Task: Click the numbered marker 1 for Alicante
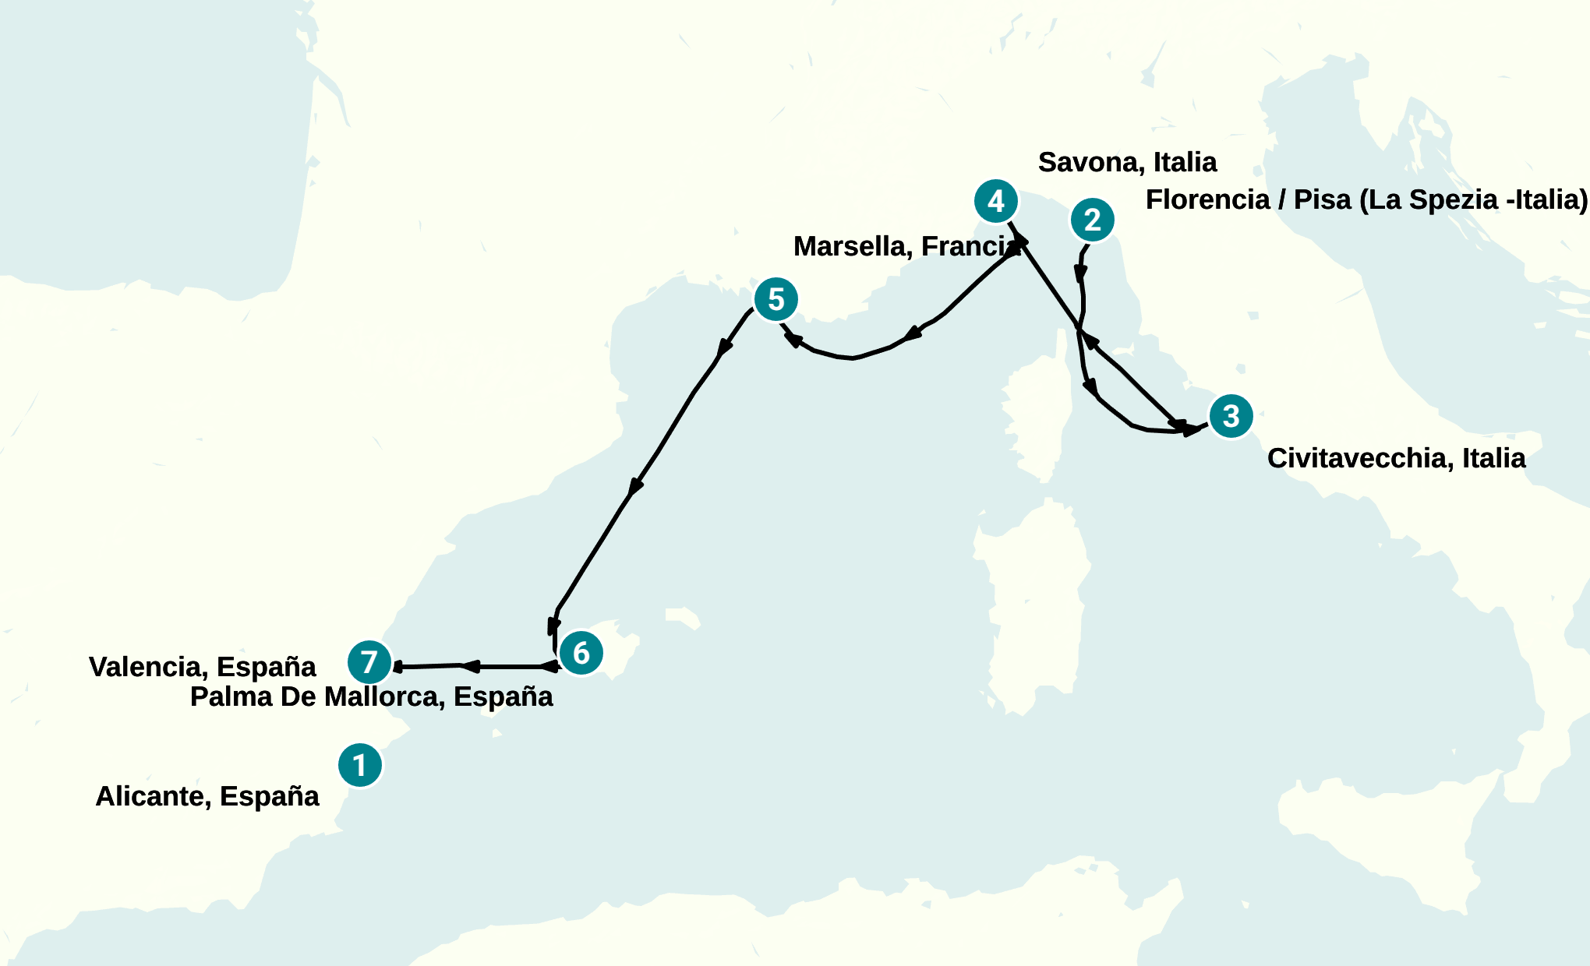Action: [x=360, y=765]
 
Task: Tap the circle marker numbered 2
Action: [x=1092, y=220]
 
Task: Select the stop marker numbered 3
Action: [x=1231, y=416]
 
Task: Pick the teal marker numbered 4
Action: [x=995, y=201]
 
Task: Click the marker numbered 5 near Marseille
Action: [x=776, y=299]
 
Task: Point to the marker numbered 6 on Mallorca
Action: [x=581, y=653]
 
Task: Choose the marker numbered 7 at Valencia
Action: [x=369, y=662]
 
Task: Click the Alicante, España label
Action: [x=207, y=796]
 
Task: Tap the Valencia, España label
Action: [x=203, y=667]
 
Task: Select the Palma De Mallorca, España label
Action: [x=371, y=696]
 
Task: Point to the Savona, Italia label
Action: [x=1127, y=162]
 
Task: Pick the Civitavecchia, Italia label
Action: [x=1396, y=458]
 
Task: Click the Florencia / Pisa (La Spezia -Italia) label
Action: [x=1366, y=199]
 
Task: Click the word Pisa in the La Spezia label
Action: [x=1323, y=199]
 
